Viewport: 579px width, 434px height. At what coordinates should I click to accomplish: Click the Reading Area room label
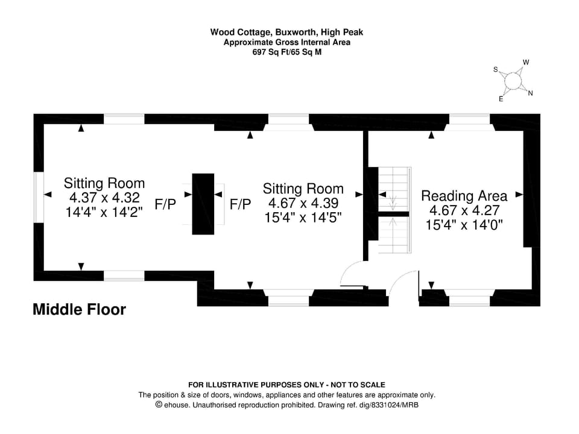[x=464, y=196]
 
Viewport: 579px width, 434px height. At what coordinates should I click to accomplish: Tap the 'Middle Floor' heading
[x=79, y=310]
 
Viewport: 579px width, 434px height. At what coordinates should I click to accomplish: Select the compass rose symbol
[x=513, y=81]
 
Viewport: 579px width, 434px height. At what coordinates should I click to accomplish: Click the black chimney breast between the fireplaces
[x=203, y=204]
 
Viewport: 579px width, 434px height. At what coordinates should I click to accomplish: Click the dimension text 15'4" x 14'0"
[x=464, y=225]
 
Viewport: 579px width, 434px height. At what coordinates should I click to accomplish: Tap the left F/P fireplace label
[x=165, y=205]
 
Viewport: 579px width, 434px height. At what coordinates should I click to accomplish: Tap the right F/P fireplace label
[x=240, y=205]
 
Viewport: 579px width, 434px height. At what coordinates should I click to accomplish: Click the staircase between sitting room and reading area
[x=394, y=210]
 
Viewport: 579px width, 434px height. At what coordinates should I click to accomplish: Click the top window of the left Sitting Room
[x=124, y=119]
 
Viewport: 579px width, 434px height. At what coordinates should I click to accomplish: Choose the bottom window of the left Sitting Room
[x=124, y=275]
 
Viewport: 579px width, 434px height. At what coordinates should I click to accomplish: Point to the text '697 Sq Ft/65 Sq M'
[x=286, y=52]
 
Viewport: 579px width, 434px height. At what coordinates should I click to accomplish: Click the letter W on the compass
[x=526, y=63]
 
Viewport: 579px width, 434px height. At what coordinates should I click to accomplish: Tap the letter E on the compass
[x=501, y=99]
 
